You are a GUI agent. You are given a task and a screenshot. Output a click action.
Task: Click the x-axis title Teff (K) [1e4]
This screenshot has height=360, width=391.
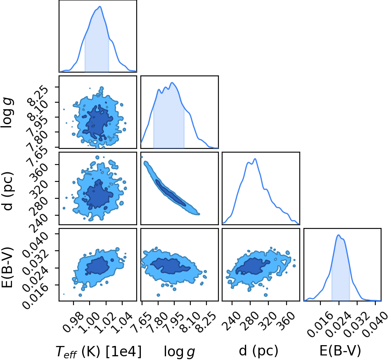99,352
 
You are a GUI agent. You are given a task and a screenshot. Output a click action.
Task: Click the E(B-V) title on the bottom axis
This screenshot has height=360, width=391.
340,351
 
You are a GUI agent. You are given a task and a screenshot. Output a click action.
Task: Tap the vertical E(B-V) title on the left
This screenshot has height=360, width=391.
7,267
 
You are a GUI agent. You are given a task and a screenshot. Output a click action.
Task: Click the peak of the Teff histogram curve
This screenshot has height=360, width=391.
100,7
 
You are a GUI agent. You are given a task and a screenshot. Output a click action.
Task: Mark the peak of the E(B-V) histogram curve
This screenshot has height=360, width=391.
339,235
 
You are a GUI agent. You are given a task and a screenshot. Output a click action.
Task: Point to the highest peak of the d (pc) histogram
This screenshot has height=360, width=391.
255,159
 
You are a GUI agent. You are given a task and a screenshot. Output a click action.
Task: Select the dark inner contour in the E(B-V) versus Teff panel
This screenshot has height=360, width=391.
97,266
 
